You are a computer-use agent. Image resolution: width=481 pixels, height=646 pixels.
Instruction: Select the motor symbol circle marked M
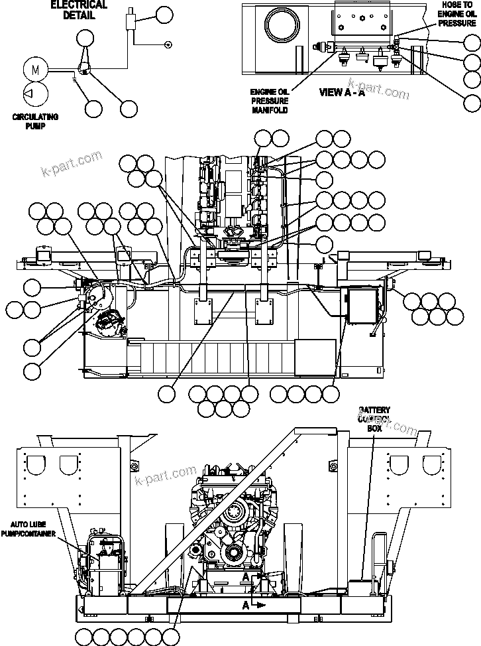tap(36, 68)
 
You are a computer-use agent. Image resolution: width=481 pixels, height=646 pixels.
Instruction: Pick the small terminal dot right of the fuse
tap(168, 44)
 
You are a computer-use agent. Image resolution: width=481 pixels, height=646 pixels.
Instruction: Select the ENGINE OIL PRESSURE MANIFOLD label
tap(270, 101)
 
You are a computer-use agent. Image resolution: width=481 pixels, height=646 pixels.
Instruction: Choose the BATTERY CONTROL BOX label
tap(374, 419)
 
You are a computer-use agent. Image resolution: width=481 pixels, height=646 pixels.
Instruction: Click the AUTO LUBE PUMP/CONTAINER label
tap(28, 529)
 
